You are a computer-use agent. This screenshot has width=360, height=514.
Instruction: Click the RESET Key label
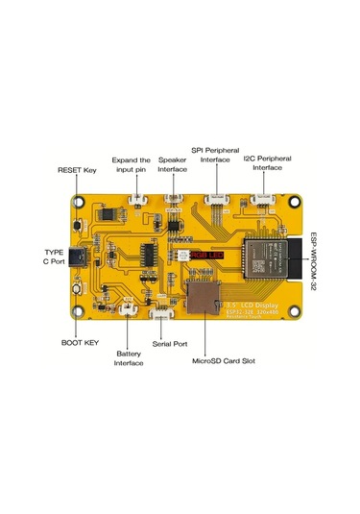tap(77, 169)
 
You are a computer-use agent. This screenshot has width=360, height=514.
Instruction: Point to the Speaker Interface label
tap(173, 164)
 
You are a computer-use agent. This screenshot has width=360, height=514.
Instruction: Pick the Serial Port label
tap(170, 343)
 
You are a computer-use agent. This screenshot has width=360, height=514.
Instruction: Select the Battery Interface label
tap(130, 357)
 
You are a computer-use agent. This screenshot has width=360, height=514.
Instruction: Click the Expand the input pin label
tap(132, 164)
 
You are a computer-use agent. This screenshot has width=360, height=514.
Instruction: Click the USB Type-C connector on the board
tap(87, 260)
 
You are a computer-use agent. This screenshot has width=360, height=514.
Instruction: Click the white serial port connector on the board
tap(164, 314)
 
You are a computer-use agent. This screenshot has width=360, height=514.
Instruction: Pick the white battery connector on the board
tap(125, 309)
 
